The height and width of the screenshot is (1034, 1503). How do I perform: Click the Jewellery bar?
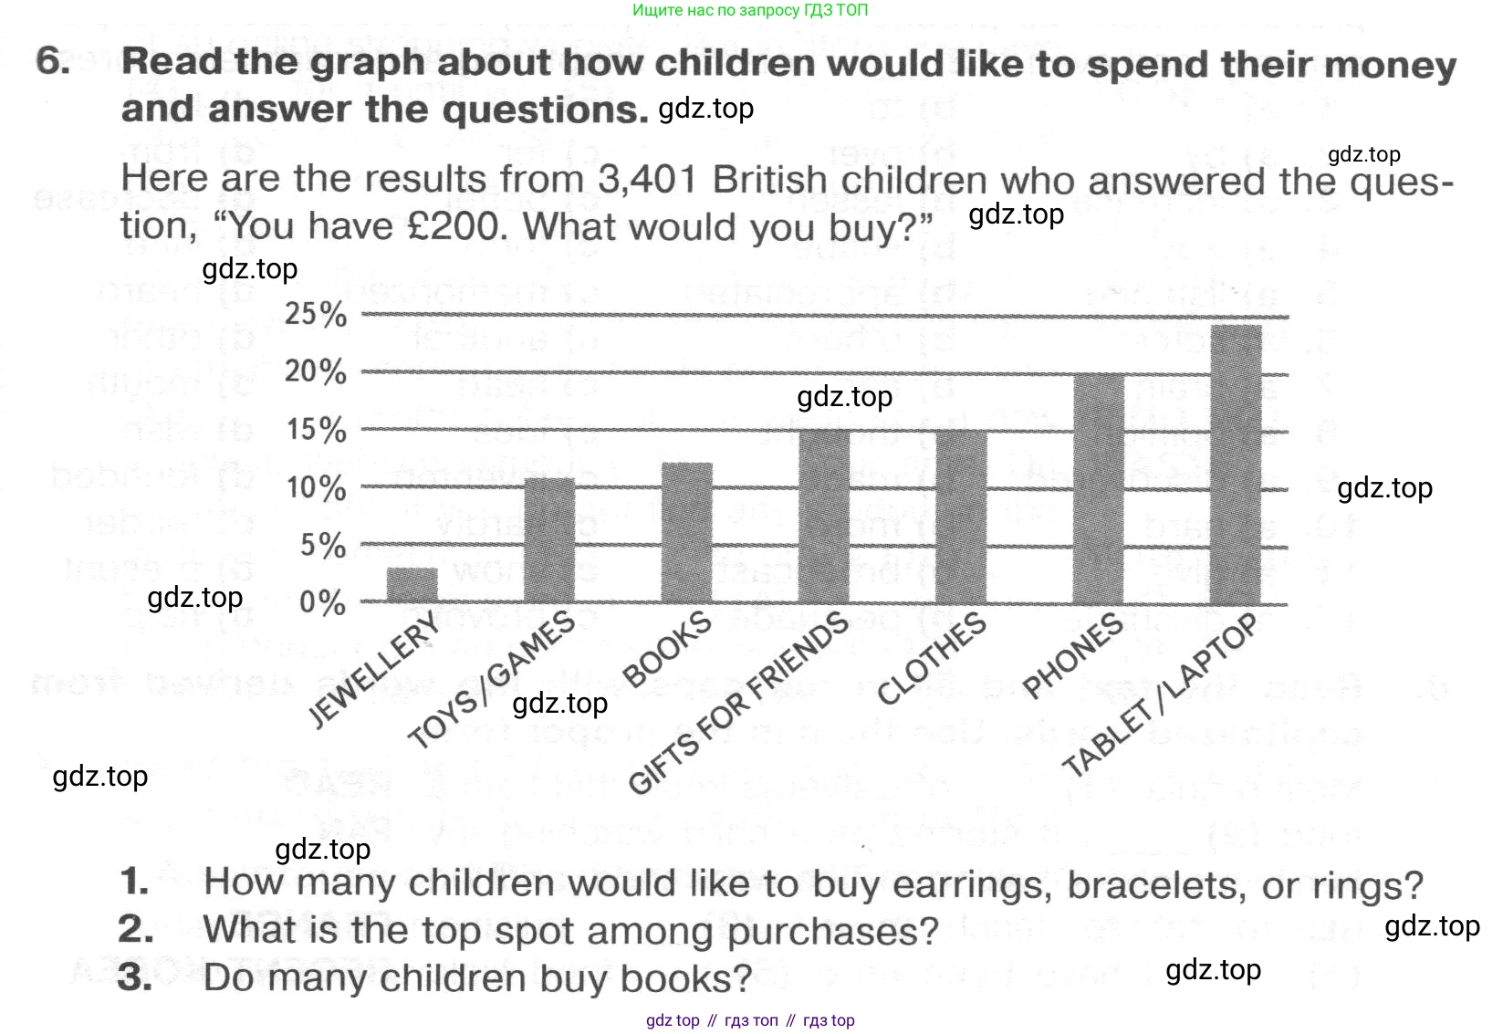pyautogui.click(x=412, y=585)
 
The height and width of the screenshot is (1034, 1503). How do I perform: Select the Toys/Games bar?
pyautogui.click(x=549, y=540)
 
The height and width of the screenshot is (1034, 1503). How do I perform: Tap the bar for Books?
pyautogui.click(x=686, y=533)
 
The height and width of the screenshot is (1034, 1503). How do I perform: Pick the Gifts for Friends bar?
pyautogui.click(x=824, y=517)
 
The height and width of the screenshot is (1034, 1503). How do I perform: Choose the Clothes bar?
pyautogui.click(x=961, y=517)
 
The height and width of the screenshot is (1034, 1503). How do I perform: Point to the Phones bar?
pyautogui.click(x=1099, y=488)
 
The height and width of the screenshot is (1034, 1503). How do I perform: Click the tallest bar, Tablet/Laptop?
pyautogui.click(x=1236, y=465)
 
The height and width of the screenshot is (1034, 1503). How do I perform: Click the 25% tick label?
pyautogui.click(x=316, y=314)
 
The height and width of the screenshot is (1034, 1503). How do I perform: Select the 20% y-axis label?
pyautogui.click(x=316, y=371)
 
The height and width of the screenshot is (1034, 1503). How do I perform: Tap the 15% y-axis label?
pyautogui.click(x=316, y=429)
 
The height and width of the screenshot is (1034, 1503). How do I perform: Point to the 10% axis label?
pyautogui.click(x=316, y=487)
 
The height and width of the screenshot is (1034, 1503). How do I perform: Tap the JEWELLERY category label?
pyautogui.click(x=375, y=670)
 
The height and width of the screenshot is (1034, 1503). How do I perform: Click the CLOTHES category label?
pyautogui.click(x=932, y=659)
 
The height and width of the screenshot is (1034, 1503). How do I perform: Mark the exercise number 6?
pyautogui.click(x=53, y=61)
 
